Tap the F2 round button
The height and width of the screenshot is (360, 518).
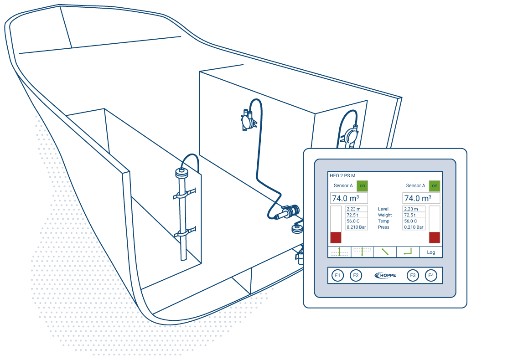pos(356,275)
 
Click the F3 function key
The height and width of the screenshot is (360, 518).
pos(413,275)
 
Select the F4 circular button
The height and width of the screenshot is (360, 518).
pos(431,275)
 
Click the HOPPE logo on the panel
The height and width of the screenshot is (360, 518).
pos(385,275)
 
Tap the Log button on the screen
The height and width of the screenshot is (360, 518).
pos(431,252)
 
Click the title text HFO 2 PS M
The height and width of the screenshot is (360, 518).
pos(342,175)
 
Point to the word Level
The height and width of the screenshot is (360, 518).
pos(383,209)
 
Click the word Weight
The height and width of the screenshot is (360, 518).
pos(385,215)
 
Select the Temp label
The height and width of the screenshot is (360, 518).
pos(383,221)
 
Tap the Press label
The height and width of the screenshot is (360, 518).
pos(383,227)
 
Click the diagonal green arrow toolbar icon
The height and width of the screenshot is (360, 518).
pos(385,252)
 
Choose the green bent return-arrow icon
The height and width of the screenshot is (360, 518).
pos(408,252)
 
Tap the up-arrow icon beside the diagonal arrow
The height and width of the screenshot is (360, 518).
pos(362,252)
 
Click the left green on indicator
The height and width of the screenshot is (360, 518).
pos(362,186)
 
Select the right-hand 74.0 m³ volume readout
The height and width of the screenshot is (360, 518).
pos(421,198)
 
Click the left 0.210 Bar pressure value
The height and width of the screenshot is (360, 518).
pos(356,227)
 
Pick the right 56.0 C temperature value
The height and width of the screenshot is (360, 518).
pos(414,221)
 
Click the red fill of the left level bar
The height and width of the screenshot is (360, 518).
pos(336,237)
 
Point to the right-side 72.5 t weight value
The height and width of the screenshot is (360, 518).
pos(414,215)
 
